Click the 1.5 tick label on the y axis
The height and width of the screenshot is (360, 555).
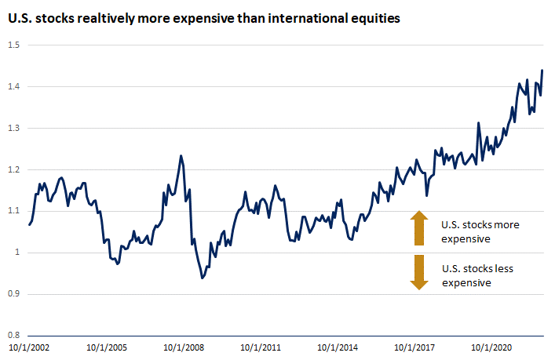click(14, 45)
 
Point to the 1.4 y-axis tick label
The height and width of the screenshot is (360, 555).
click(14, 86)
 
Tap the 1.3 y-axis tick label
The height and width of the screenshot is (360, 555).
click(14, 128)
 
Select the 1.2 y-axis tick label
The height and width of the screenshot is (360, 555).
click(14, 169)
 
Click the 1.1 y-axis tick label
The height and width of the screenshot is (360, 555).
click(14, 211)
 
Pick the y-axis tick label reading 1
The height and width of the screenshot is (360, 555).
click(18, 253)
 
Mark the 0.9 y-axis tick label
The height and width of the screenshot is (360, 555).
click(14, 294)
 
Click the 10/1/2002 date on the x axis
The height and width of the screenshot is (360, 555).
click(28, 347)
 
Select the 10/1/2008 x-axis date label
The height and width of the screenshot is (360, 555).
click(183, 347)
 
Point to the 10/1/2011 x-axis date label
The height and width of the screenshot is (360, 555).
click(260, 347)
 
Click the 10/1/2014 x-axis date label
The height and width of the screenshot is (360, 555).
click(338, 347)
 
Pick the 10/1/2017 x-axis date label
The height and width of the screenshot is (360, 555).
click(415, 347)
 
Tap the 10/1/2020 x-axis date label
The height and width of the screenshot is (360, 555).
click(492, 347)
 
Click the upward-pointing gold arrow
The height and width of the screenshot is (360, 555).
click(419, 227)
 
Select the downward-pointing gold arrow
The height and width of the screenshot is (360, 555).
click(419, 272)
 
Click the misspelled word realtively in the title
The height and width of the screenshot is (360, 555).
click(93, 17)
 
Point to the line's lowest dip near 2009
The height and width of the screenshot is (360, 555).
click(203, 278)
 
